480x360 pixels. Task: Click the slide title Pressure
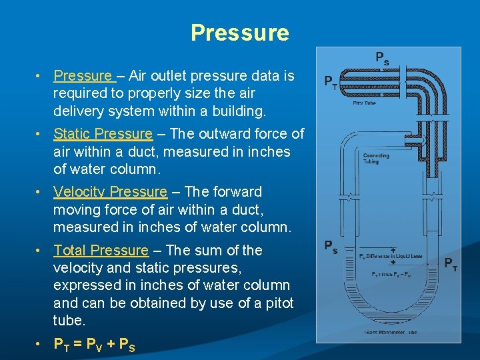pyautogui.click(x=240, y=33)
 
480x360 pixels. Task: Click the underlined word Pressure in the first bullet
pyautogui.click(x=83, y=76)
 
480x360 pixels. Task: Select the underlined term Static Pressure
pyautogui.click(x=103, y=134)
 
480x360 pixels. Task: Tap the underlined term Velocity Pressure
pyautogui.click(x=110, y=192)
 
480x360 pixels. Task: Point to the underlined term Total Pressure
pyautogui.click(x=101, y=251)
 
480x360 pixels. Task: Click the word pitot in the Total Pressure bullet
pyautogui.click(x=277, y=303)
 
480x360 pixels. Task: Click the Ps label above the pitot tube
pyautogui.click(x=382, y=59)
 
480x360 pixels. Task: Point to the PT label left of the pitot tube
pyautogui.click(x=330, y=82)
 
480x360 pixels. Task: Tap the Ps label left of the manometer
pyautogui.click(x=331, y=247)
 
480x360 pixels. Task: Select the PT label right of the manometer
pyautogui.click(x=451, y=263)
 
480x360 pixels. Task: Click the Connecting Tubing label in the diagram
pyautogui.click(x=376, y=158)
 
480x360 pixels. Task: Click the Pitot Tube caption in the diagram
pyautogui.click(x=364, y=103)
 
